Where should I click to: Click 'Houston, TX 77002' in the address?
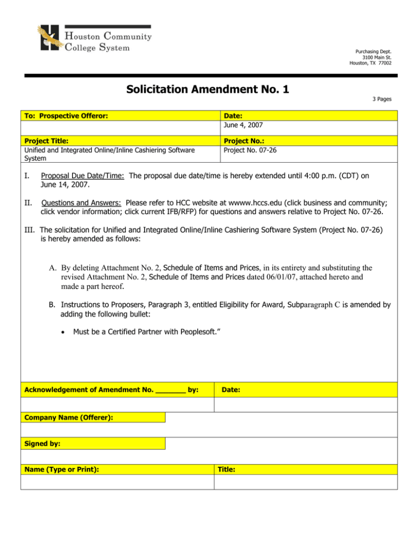click(x=372, y=63)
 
